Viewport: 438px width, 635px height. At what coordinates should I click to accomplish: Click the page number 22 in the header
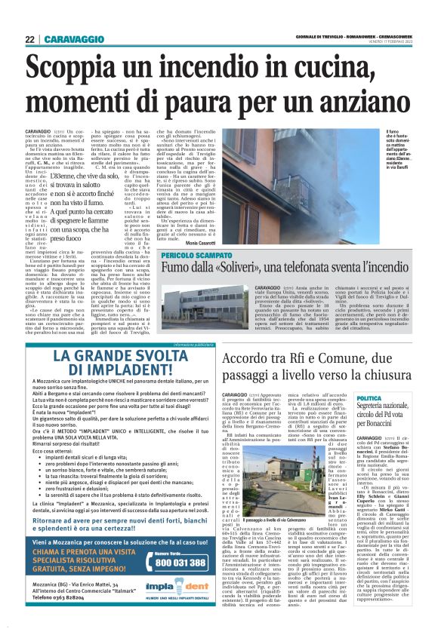pyautogui.click(x=29, y=38)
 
